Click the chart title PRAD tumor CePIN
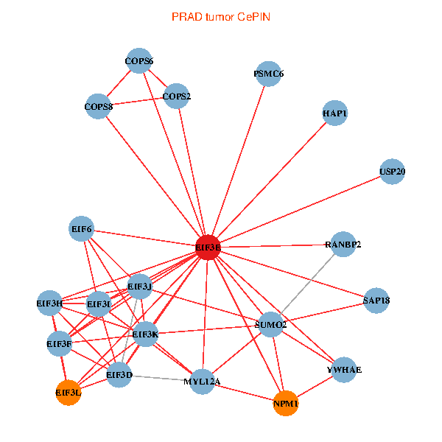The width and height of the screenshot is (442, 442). [220, 16]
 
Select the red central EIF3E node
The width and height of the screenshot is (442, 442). [208, 248]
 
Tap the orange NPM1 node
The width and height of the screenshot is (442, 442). [285, 404]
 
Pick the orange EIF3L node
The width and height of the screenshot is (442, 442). [68, 393]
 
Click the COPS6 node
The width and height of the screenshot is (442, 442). [139, 60]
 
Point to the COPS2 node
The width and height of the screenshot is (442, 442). [177, 96]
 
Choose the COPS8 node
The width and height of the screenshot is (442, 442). [99, 106]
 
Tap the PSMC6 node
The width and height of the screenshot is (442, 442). [269, 74]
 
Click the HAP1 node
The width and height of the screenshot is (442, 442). [335, 113]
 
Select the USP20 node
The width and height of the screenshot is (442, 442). [393, 172]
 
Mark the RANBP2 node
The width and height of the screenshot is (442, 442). [343, 244]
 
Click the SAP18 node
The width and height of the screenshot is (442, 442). [376, 301]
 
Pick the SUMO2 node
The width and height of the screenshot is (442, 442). [271, 325]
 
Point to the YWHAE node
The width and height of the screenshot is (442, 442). [344, 370]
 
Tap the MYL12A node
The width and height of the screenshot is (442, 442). [202, 381]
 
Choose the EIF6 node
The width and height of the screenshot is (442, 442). [82, 229]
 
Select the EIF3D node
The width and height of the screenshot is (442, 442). [119, 375]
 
